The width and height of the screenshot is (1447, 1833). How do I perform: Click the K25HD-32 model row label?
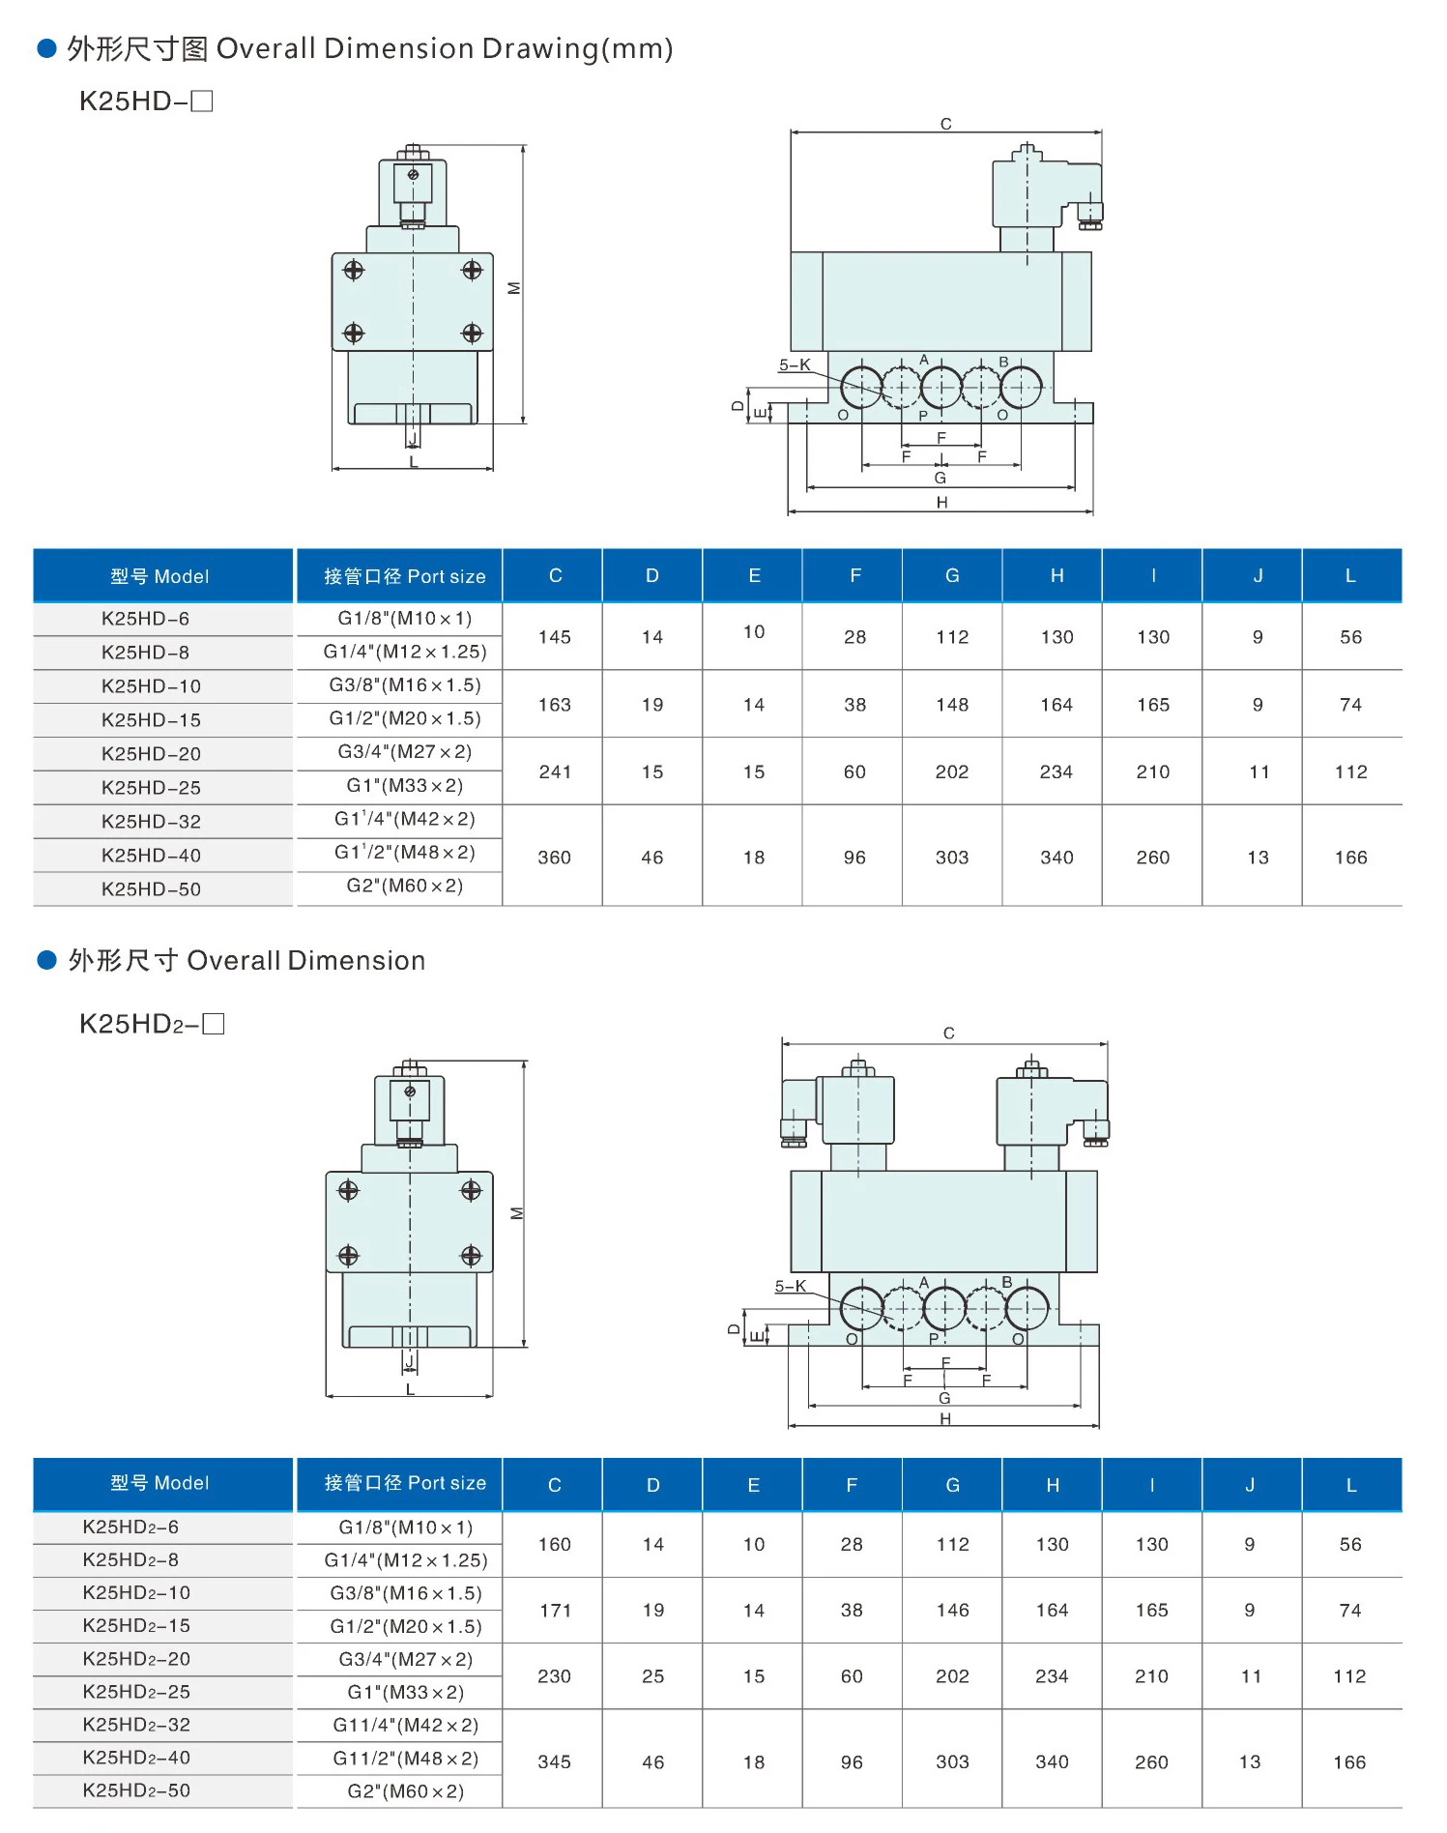[151, 822]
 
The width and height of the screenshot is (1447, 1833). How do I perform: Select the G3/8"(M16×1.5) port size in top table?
[404, 685]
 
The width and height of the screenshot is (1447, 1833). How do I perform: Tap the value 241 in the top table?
[555, 771]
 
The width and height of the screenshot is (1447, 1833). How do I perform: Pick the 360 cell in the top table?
[555, 858]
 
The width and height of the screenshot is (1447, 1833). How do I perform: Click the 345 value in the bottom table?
[555, 1761]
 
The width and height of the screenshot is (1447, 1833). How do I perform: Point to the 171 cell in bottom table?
[555, 1611]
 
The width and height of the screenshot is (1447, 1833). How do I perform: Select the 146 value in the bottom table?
[952, 1611]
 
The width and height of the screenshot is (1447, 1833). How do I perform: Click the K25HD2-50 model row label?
[136, 1790]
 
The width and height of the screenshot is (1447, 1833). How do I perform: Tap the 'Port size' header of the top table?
[404, 576]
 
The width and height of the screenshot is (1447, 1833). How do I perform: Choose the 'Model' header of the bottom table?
[159, 1483]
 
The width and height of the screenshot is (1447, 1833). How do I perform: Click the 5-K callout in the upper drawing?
[795, 365]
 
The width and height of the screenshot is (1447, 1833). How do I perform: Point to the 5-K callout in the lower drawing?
[791, 1286]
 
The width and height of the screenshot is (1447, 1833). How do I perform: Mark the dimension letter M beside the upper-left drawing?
[514, 288]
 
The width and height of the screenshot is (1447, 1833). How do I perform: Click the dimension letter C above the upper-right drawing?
[945, 124]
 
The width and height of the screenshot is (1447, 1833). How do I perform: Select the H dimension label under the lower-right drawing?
[944, 1419]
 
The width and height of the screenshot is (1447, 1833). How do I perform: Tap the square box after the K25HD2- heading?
[214, 1023]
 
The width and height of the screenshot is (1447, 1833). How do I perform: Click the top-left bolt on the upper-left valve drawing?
[354, 270]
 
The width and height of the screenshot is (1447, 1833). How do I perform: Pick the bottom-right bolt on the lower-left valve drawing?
[471, 1255]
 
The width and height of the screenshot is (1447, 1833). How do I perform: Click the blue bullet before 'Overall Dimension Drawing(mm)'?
[46, 48]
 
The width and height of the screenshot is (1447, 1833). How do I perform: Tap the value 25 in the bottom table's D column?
[653, 1676]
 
